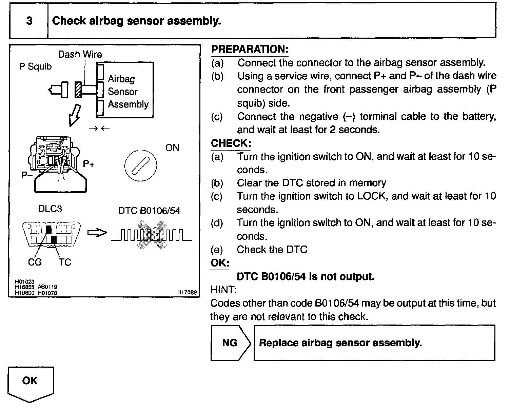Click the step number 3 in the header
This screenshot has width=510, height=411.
30,21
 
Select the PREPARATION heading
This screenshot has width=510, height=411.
250,49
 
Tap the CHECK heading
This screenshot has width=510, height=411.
231,143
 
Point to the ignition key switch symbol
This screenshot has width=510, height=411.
140,166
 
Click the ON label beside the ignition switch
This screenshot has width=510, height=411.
172,148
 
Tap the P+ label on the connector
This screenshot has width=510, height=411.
89,164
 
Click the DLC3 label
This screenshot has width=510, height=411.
50,209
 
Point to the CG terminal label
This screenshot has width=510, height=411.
35,262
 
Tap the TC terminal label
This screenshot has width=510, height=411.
65,262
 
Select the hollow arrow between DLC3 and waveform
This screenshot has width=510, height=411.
97,233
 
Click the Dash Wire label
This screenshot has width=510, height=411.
80,54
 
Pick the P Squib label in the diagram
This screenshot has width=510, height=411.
35,66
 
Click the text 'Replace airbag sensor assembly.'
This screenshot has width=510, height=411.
340,343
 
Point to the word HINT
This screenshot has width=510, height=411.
223,290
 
